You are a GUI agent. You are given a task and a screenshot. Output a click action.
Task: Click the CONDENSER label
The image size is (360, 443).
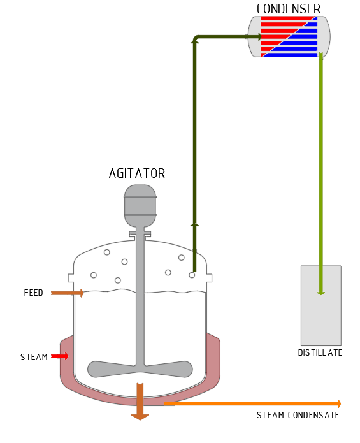(x=289, y=9)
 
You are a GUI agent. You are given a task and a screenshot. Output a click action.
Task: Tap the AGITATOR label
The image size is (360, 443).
(x=137, y=173)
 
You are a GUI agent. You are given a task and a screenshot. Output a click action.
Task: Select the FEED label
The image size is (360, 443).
(x=34, y=293)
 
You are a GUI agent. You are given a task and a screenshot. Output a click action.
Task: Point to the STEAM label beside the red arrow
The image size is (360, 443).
(x=34, y=357)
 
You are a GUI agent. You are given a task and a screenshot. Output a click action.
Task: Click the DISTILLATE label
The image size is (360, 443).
(x=320, y=352)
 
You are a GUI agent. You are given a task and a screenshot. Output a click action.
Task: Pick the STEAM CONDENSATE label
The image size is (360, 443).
(x=298, y=415)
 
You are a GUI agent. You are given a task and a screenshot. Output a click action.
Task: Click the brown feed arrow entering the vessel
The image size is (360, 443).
(x=67, y=293)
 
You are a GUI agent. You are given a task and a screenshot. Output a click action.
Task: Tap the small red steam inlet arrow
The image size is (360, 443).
(x=60, y=356)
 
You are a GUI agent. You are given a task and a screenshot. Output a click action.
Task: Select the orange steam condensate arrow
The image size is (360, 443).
(x=252, y=403)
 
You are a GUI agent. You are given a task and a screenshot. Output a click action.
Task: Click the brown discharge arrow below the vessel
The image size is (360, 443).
(x=140, y=402)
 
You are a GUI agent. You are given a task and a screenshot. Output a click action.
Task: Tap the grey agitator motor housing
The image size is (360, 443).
(x=140, y=205)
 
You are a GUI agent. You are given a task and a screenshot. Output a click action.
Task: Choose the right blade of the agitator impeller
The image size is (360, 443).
(x=169, y=369)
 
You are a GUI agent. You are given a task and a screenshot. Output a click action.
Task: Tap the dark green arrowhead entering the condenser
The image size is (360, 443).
(x=258, y=36)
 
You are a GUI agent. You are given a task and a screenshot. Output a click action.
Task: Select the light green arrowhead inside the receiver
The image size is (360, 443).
(x=320, y=293)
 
